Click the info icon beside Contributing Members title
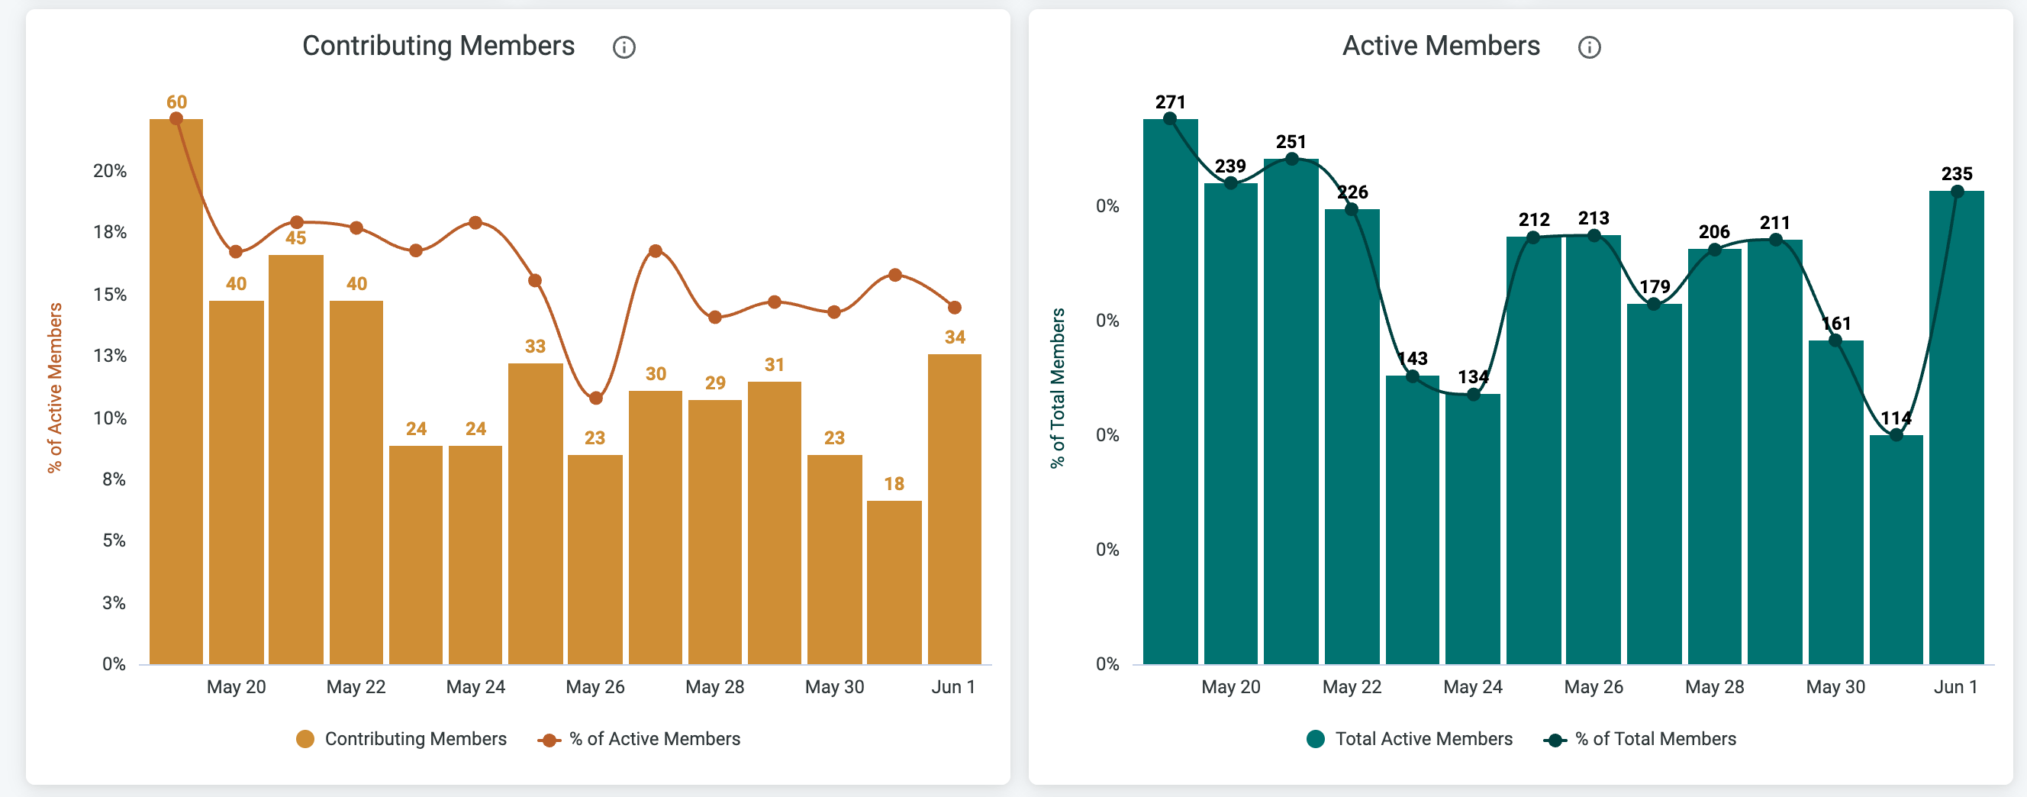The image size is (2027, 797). click(624, 47)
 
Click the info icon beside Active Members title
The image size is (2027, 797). click(1589, 47)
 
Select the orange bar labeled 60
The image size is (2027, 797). click(176, 391)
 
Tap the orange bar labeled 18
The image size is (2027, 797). click(894, 582)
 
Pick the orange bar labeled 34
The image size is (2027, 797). click(955, 509)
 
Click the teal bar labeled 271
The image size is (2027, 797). click(1170, 391)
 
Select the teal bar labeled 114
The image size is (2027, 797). click(1896, 549)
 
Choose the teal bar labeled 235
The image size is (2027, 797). click(1956, 428)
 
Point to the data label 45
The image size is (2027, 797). click(296, 238)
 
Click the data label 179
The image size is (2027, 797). click(1654, 287)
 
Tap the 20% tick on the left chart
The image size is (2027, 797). click(110, 171)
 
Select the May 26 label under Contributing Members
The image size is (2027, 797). click(595, 687)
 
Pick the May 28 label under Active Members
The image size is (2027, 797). click(1715, 687)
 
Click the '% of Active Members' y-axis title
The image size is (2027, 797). click(54, 388)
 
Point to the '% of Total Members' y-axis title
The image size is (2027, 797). click(1058, 388)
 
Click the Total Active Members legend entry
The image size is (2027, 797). click(1410, 739)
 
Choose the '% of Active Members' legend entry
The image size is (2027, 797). click(639, 739)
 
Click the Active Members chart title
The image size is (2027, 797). click(1441, 46)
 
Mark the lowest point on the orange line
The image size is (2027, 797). click(596, 398)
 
